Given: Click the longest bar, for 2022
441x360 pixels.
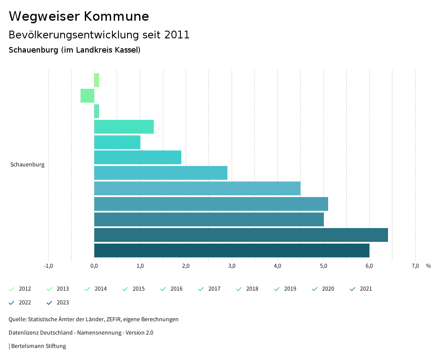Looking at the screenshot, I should [x=241, y=235].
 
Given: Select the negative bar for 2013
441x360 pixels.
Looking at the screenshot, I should [x=87, y=96].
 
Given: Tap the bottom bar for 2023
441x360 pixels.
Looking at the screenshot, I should [x=232, y=250].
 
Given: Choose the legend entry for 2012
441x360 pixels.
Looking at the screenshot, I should [x=20, y=289].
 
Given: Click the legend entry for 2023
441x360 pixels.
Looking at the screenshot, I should [x=58, y=303].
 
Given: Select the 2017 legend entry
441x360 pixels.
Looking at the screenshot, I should [x=210, y=289].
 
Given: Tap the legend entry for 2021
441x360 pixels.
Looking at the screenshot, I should [x=361, y=289].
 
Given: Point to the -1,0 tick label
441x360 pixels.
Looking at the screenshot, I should [x=48, y=266].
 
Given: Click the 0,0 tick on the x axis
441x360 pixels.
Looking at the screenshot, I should [x=94, y=266].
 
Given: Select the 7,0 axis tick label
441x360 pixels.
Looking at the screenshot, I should [x=415, y=266].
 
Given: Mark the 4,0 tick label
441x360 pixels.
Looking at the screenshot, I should [x=277, y=266].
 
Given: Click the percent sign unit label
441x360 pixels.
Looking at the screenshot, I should [x=428, y=266].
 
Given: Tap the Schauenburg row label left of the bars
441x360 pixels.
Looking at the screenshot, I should [x=27, y=165].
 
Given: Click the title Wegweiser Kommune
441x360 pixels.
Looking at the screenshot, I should [x=79, y=16].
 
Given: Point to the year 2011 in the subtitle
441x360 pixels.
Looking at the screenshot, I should [x=177, y=35].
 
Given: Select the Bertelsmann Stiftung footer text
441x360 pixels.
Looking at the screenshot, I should [x=38, y=346].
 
